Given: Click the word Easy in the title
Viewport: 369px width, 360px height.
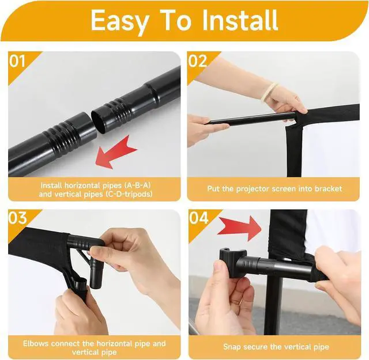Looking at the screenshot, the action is point(119,21).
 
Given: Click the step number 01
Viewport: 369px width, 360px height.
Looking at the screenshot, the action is point(17,61).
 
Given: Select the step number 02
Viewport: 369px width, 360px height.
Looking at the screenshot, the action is point(198,61).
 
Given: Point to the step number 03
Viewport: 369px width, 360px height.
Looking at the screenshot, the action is point(18,218).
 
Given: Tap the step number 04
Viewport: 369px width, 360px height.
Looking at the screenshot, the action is point(198,218).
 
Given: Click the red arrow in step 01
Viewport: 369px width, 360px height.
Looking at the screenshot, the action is point(116,152).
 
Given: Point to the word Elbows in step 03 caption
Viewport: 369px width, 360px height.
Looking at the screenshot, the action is point(36,343).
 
